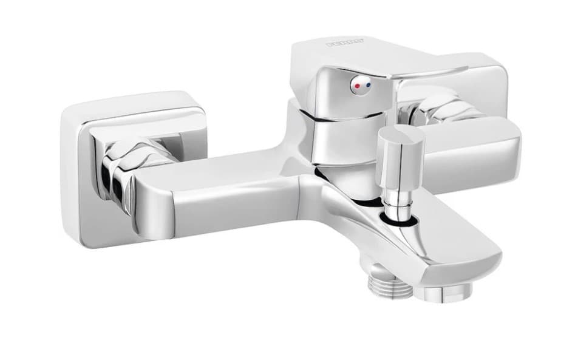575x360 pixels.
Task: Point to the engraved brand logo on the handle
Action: click(345, 43)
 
